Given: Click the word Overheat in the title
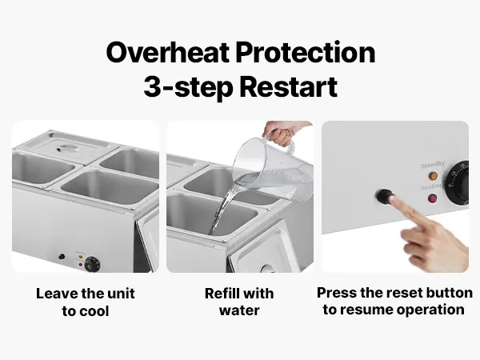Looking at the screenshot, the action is point(167,52).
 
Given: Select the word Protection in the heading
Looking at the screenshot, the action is point(306,52).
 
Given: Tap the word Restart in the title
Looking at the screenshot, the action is point(288,86).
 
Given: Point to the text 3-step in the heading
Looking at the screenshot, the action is point(188,87).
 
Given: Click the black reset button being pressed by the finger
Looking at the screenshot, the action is point(384,196).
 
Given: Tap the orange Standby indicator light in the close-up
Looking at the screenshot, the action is point(433,176).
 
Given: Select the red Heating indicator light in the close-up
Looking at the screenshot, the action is point(432,198).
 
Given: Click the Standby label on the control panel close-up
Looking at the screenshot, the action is point(433,165).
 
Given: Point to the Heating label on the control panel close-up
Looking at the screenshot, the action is point(431,186).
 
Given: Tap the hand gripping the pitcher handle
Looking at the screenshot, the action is point(283,133).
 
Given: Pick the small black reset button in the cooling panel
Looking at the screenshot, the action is point(62,257).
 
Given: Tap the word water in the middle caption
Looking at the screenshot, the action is point(239,310).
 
